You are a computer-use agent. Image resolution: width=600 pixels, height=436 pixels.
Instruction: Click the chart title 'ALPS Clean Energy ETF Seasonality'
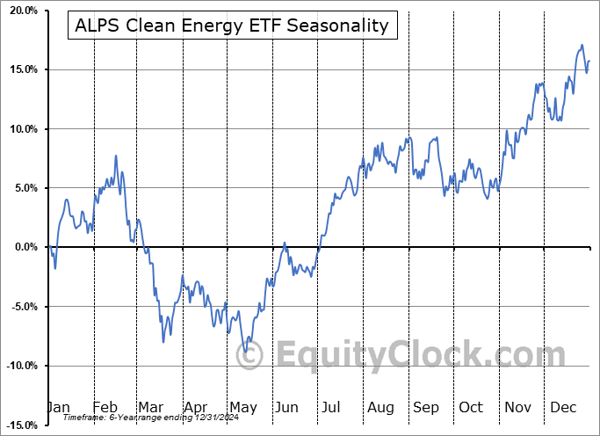tap(232, 25)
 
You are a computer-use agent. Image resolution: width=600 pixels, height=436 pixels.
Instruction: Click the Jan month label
tap(58, 408)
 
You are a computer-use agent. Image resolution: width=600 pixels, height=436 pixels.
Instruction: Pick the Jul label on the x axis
tap(332, 408)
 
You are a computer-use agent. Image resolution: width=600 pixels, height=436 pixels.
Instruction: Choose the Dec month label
tap(562, 408)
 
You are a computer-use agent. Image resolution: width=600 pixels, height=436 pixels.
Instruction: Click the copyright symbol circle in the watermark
tap(250, 355)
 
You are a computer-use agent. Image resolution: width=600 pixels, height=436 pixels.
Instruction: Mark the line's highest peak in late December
tap(582, 45)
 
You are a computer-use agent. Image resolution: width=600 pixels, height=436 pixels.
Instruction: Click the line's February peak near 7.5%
tap(116, 156)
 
